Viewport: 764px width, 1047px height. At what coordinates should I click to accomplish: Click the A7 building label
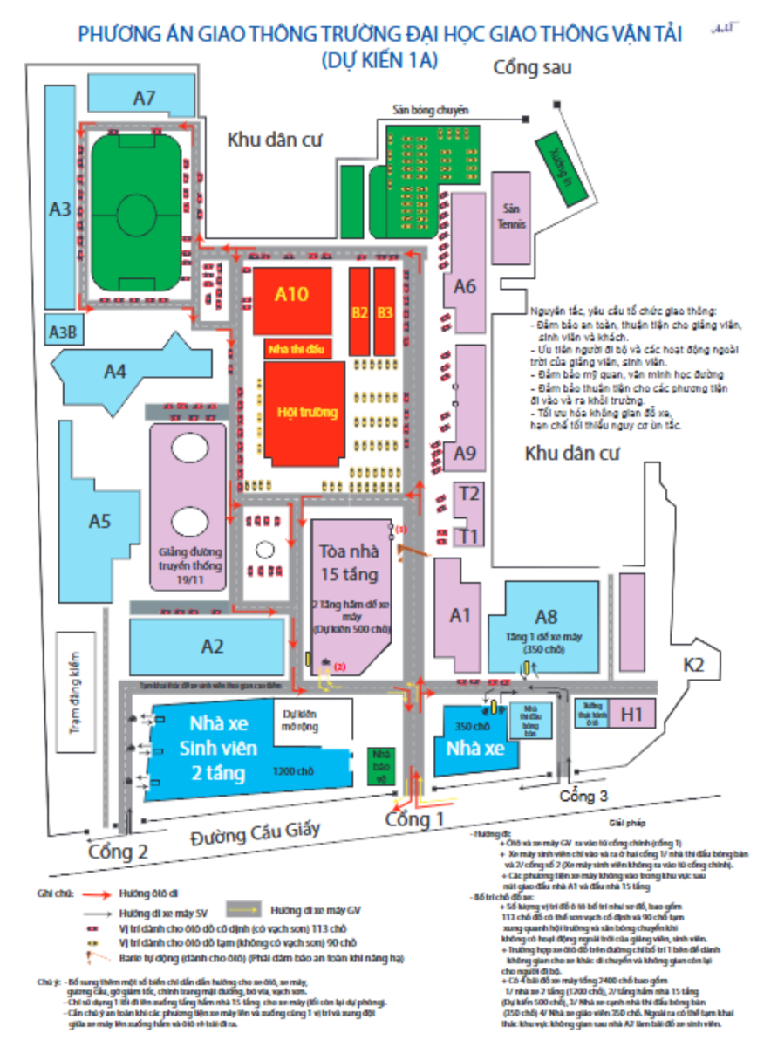(x=145, y=98)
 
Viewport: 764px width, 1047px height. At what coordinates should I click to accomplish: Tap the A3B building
(x=63, y=332)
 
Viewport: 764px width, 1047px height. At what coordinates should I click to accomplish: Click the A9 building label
(x=465, y=453)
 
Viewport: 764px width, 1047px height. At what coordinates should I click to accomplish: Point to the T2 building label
(x=469, y=495)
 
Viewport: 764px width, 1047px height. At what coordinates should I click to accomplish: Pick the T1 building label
(x=469, y=535)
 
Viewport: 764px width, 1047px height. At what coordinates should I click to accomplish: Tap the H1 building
(x=631, y=715)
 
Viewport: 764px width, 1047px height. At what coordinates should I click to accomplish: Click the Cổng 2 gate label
(x=118, y=852)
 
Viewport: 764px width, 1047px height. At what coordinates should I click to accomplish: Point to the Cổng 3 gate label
(x=583, y=796)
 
